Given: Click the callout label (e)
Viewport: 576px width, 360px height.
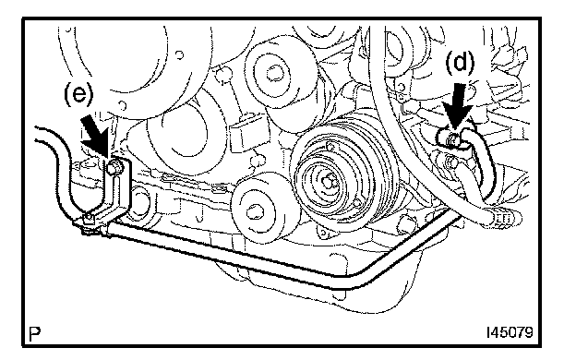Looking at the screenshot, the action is coord(78,94).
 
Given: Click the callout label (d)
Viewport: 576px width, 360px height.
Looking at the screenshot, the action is coord(460,62).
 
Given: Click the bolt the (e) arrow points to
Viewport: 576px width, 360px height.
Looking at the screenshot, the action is coord(114,168).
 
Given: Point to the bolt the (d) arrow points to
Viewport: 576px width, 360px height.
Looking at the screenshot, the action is coord(453,138).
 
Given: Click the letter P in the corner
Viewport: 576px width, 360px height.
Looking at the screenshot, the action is coord(35,333).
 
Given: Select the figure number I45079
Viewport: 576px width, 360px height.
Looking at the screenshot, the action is coord(510,332).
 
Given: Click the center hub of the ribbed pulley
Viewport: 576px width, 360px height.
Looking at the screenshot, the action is coord(327,181).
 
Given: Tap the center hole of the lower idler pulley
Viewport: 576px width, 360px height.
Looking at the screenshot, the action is coord(254,213).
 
